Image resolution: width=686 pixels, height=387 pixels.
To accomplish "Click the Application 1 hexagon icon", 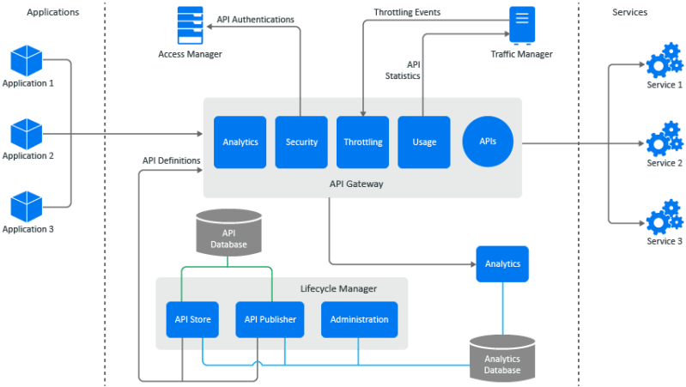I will point(26,61).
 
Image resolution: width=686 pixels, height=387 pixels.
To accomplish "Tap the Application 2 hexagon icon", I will point(26,134).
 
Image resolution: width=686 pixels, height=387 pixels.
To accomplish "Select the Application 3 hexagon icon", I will point(26,207).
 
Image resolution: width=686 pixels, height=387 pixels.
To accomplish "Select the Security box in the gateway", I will point(301,142).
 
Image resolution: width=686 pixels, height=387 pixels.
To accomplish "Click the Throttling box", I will point(362,142).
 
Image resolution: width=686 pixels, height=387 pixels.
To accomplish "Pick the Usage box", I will point(423,142).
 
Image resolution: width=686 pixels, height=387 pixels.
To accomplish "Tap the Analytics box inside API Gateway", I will point(240,142).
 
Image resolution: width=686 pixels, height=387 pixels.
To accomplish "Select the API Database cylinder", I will point(228,233).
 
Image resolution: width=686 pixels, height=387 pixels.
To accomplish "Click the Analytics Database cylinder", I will point(502,358).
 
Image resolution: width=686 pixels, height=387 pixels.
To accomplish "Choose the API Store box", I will point(193,319).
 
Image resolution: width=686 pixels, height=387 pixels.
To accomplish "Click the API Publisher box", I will point(270,319).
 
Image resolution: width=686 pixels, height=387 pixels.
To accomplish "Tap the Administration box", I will point(359,319).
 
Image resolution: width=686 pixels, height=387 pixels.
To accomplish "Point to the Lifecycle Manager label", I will point(338,288).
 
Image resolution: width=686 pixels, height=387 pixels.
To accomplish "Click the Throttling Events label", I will point(408,13).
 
